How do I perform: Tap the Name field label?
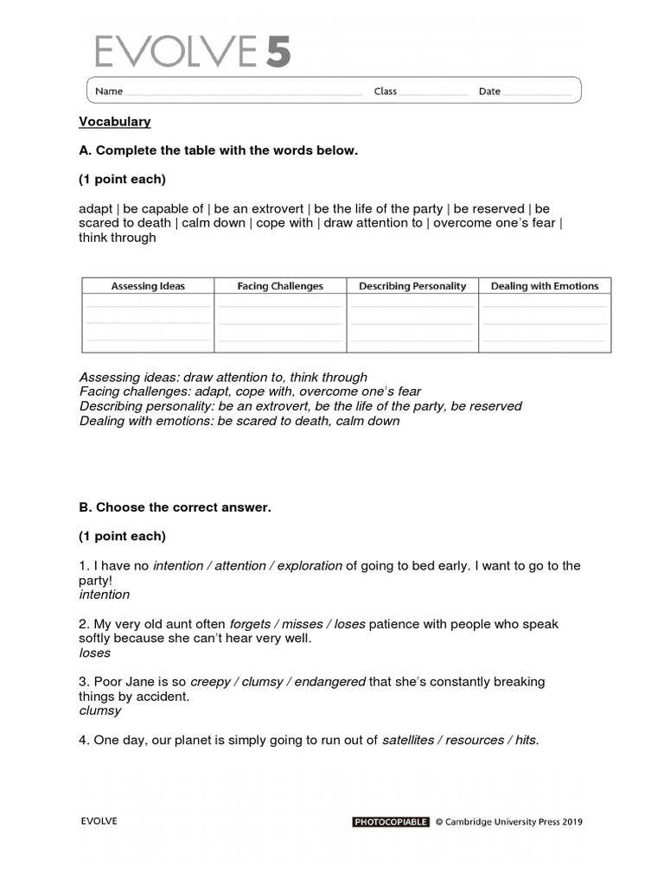tap(109, 92)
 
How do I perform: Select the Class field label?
tap(385, 92)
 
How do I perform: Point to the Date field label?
tap(489, 92)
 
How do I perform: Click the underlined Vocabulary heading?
tap(115, 122)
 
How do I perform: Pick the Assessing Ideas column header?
tap(148, 286)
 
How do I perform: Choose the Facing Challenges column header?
tap(280, 286)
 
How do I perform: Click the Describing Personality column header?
tap(412, 286)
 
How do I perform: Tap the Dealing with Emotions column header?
tap(545, 286)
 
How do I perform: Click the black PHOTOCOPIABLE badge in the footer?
tap(391, 822)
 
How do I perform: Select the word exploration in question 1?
tap(310, 566)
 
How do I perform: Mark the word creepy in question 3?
tap(210, 682)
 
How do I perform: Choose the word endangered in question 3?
tap(330, 682)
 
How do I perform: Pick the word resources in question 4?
tap(474, 740)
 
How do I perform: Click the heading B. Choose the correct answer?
tap(175, 507)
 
